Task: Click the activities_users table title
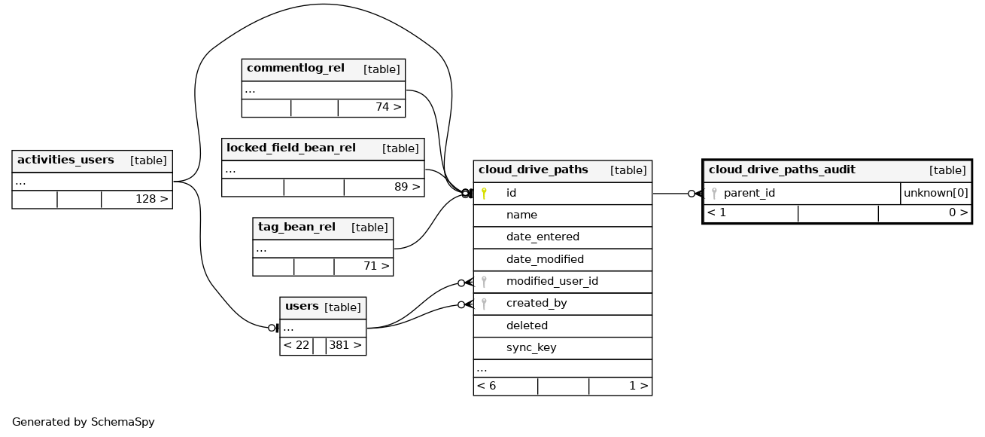coord(65,160)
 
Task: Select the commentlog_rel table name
coord(296,69)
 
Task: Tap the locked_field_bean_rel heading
coord(291,148)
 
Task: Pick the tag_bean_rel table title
coord(296,227)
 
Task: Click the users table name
coord(302,306)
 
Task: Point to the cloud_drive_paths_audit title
coord(782,170)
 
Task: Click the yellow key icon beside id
coord(484,194)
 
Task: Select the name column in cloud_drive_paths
coord(521,215)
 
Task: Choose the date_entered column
coord(543,237)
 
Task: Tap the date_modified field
coord(545,259)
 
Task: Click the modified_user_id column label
coord(552,281)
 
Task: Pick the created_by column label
coord(537,303)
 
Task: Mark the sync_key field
coord(531,347)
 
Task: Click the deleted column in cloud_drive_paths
coord(527,325)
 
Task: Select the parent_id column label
coord(749,193)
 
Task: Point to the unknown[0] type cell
coord(936,193)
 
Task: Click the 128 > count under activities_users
coord(152,200)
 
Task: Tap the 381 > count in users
coord(345,345)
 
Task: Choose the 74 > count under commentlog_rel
coord(388,108)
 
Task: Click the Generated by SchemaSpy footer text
coord(83,422)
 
